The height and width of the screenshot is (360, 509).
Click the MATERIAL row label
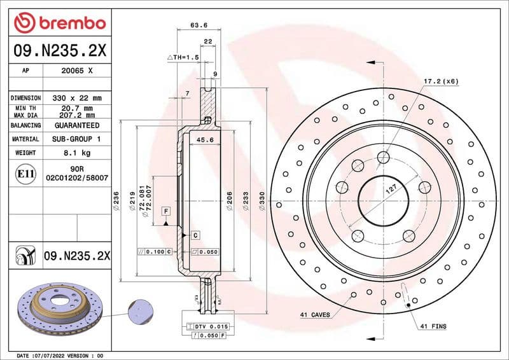pyautogui.click(x=25, y=139)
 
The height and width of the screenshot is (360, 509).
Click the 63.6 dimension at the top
pyautogui.click(x=199, y=25)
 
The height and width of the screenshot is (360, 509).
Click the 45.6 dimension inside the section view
pyautogui.click(x=205, y=140)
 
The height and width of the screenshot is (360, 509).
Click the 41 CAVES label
pyautogui.click(x=315, y=314)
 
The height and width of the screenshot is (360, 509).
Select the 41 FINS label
pyautogui.click(x=433, y=326)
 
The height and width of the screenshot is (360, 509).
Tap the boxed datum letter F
pyautogui.click(x=165, y=211)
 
